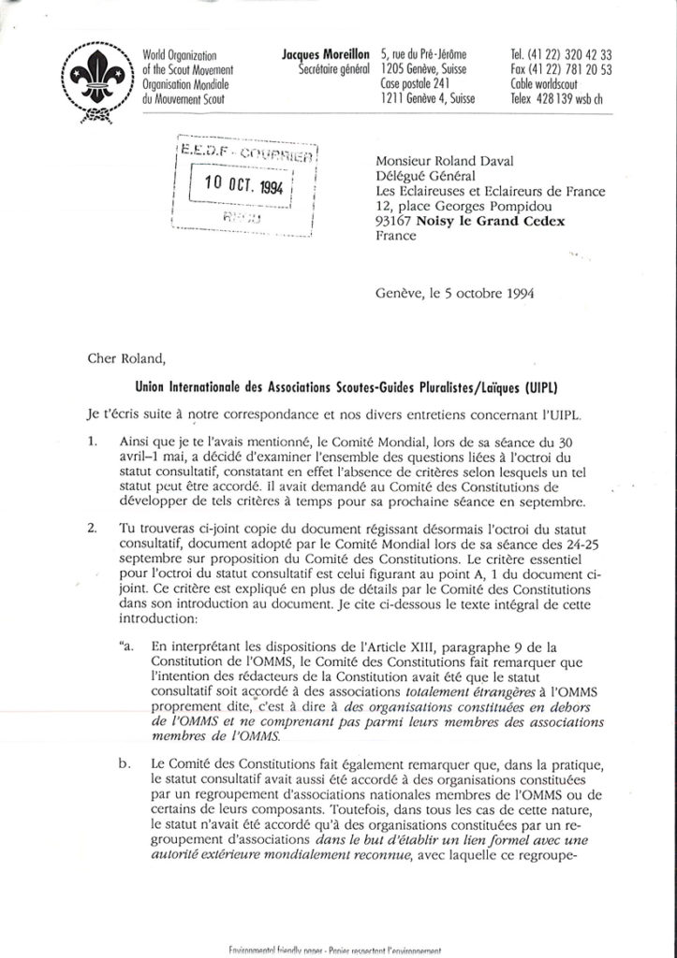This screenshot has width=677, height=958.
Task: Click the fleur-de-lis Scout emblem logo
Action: pos(95,82)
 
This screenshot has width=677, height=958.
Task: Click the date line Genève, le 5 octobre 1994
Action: pos(454,289)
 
